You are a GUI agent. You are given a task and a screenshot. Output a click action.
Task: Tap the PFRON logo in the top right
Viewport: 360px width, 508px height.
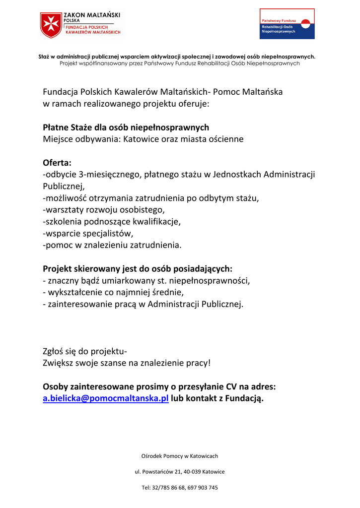287,24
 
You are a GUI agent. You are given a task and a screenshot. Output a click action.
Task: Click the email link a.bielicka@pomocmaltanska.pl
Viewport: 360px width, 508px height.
106,398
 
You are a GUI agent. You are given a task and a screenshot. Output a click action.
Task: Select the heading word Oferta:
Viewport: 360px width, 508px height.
57,163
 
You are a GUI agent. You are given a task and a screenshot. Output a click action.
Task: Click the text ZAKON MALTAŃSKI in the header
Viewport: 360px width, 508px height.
92,16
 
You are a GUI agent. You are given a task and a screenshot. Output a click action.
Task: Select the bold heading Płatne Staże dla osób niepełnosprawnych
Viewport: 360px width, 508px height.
126,127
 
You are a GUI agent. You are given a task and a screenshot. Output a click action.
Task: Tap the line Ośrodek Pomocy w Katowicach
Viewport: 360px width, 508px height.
180,455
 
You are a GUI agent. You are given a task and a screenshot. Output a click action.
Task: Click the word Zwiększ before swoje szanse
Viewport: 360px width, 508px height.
60,363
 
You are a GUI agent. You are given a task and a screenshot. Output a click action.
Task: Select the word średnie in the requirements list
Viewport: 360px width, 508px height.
168,292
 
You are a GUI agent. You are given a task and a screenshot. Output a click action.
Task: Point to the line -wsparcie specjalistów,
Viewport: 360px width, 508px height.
88,233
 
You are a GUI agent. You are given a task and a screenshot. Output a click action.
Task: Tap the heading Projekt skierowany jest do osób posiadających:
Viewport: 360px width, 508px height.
138,269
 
